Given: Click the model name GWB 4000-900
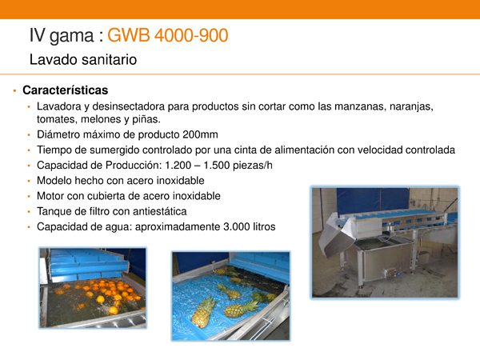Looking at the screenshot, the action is [x=168, y=35].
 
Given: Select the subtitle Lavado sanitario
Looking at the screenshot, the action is [x=83, y=59].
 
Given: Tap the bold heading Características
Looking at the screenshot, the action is [x=66, y=90].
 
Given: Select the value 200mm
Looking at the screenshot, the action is [x=200, y=134].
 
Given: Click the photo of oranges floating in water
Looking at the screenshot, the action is [x=93, y=288].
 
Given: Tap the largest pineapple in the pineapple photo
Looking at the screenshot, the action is [x=203, y=312].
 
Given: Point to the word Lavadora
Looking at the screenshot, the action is [x=58, y=106].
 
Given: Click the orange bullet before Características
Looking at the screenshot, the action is [x=14, y=90].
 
